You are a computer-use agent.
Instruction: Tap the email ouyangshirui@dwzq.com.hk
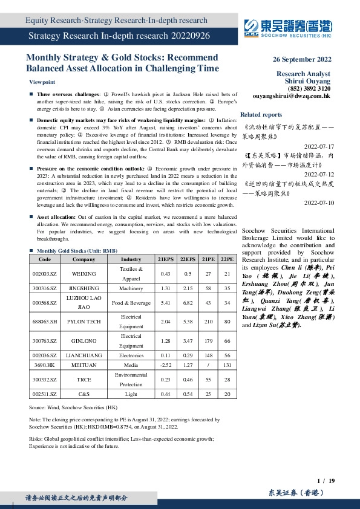292,96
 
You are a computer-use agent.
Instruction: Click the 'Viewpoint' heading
42,82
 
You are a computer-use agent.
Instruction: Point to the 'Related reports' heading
261,114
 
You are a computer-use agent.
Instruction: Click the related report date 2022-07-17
317,147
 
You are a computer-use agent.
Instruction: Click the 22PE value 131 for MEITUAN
227,365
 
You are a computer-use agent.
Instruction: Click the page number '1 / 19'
326,480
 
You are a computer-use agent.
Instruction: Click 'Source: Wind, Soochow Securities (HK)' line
73,408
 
